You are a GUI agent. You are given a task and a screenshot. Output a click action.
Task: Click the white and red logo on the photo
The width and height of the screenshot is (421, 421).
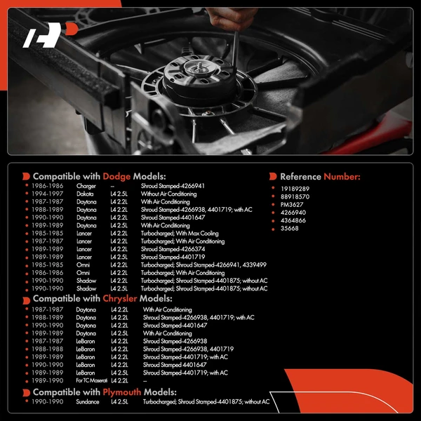click(50, 35)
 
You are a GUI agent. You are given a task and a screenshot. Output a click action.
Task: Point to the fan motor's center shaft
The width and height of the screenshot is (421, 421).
click(200, 66)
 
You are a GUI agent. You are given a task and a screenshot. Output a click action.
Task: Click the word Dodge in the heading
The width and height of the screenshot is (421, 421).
click(116, 176)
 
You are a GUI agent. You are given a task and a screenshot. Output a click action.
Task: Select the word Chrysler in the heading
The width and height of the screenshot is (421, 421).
click(120, 298)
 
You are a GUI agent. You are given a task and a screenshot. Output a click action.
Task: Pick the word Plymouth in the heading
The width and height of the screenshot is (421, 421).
click(122, 392)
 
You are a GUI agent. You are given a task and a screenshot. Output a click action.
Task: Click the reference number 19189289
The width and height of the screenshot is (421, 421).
click(295, 189)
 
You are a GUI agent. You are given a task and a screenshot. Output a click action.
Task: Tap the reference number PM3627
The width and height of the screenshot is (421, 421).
click(292, 205)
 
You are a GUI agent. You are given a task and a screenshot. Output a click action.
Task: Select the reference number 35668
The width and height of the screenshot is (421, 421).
click(289, 228)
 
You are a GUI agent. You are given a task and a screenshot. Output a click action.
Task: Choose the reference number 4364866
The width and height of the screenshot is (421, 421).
click(293, 220)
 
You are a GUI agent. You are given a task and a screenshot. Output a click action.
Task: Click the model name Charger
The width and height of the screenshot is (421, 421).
click(86, 186)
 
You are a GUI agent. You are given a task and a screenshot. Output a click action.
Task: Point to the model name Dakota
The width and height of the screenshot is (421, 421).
click(85, 194)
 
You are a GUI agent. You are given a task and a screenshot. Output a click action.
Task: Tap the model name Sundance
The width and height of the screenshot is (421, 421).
click(88, 402)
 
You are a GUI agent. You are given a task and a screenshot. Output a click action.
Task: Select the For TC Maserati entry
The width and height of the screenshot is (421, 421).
click(91, 381)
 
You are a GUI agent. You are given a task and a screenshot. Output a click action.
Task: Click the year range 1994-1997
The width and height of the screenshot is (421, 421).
click(48, 194)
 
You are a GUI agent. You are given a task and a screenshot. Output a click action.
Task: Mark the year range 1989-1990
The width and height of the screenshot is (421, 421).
click(48, 381)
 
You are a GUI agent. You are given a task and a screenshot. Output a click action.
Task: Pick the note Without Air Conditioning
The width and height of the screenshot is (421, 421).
click(168, 194)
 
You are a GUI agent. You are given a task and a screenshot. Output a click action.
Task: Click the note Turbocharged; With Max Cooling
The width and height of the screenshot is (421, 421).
click(180, 234)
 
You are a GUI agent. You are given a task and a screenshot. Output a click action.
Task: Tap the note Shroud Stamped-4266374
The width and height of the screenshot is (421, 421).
click(173, 249)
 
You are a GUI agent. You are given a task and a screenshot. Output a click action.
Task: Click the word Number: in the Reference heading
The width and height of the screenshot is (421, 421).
click(342, 177)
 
